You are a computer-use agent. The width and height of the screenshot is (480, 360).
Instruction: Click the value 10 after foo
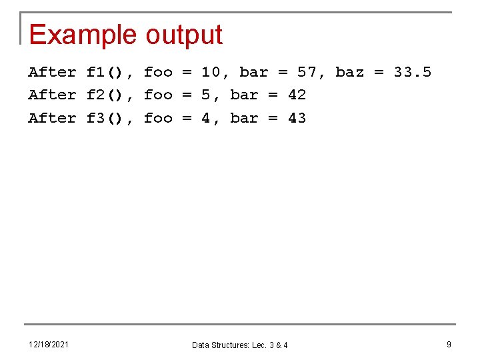coord(211,72)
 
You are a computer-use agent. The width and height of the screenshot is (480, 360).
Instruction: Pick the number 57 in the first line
coord(307,72)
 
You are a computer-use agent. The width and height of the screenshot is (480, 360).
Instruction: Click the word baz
coord(350,72)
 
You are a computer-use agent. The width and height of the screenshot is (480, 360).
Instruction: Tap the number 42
coord(297,95)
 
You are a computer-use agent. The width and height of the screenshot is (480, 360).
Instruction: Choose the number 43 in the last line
coord(297,118)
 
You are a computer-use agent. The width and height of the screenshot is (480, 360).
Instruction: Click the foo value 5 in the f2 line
coord(206,95)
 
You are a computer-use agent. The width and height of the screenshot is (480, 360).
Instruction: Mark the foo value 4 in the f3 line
coord(206,118)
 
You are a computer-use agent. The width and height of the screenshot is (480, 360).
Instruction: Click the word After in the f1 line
coord(52,72)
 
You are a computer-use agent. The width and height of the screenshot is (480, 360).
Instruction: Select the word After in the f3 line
coord(52,118)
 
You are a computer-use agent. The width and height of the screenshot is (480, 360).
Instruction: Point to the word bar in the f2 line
coord(244,95)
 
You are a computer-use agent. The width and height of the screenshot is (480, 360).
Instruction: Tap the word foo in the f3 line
coord(158,118)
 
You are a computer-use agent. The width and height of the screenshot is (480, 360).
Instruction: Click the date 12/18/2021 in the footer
coord(49,344)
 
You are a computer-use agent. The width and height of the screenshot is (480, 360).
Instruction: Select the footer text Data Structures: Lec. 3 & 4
coord(240,345)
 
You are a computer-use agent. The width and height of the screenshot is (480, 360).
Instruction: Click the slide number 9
coord(449,344)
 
